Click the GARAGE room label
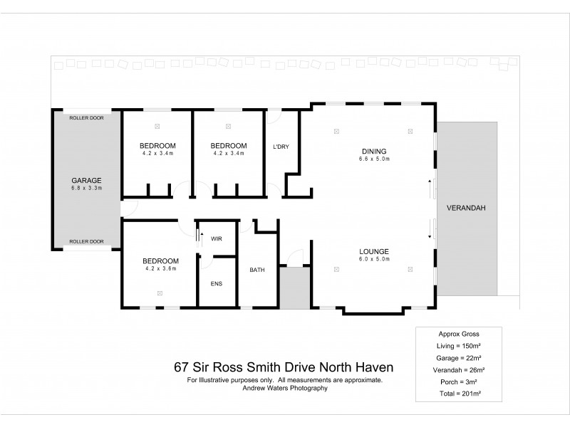(86, 180)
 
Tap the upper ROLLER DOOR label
(86, 118)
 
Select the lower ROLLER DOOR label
(86, 242)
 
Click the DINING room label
(373, 151)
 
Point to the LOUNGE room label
(373, 251)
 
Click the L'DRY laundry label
(281, 147)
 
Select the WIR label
(217, 238)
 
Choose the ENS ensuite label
(217, 284)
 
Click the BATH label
(257, 270)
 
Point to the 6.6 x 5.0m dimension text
(373, 159)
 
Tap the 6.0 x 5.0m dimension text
(373, 260)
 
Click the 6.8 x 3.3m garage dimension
(86, 189)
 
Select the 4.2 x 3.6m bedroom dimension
(160, 269)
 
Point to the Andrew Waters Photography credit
(284, 389)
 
